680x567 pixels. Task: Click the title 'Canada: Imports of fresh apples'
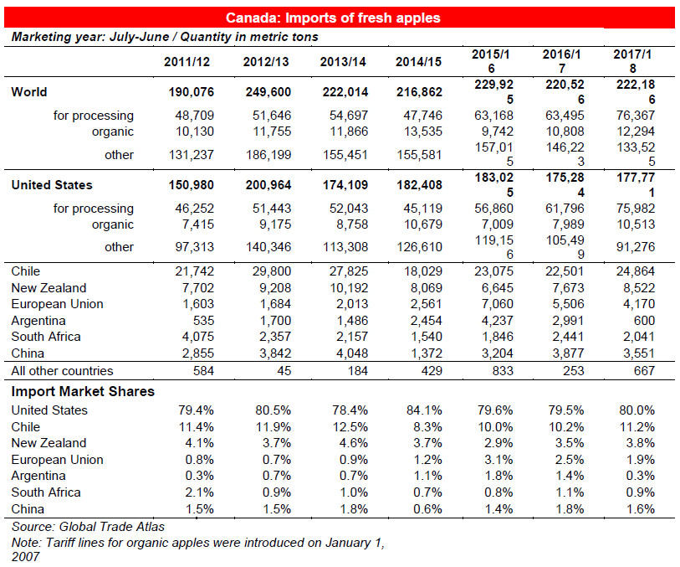coord(333,18)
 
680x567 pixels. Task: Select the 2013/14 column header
coord(343,62)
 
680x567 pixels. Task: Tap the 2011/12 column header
coord(187,62)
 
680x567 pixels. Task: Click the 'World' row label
coord(29,92)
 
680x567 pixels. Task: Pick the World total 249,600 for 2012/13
coord(268,92)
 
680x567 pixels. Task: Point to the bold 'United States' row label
coord(52,185)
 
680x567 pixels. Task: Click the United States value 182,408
coord(419,185)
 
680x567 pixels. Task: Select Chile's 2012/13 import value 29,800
coord(272,271)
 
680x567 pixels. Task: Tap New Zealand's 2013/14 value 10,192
coord(349,288)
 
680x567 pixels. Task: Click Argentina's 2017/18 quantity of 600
coord(644,321)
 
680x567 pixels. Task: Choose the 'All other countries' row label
coord(62,371)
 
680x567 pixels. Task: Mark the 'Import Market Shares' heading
coord(83,391)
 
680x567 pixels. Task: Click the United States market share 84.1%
coord(424,410)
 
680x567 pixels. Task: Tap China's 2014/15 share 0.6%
coord(427,509)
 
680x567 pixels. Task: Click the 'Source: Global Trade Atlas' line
coord(88,527)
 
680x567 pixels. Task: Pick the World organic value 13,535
coord(423,131)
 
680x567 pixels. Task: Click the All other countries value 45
coord(284,371)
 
